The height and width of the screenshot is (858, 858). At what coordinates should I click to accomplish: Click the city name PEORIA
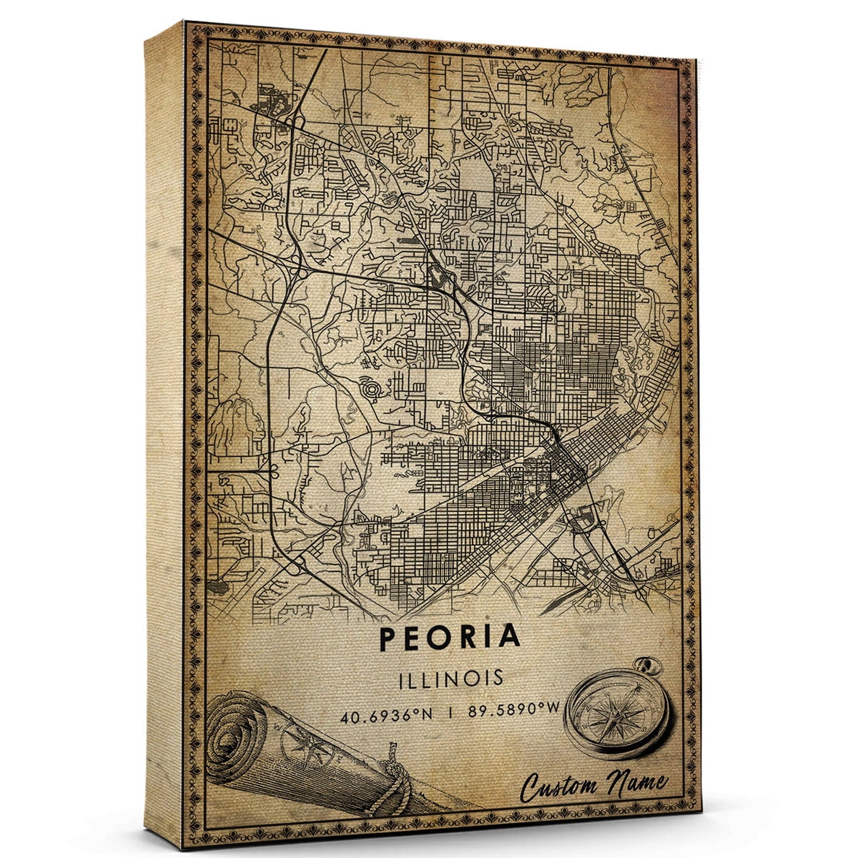click(450, 636)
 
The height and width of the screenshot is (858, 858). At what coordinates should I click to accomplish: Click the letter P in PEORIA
click(390, 636)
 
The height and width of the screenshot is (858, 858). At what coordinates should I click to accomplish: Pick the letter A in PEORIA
click(510, 636)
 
